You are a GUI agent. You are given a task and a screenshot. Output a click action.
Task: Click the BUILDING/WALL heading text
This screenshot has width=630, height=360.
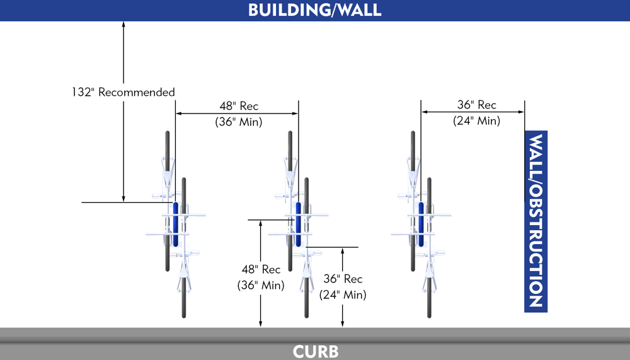[x=314, y=10]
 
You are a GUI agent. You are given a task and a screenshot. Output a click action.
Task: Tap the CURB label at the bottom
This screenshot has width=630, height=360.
[x=316, y=351]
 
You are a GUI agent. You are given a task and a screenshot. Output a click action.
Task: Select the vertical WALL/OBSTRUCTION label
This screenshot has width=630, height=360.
[x=535, y=221]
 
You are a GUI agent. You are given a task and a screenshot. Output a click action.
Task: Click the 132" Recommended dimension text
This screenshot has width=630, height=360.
[x=123, y=92]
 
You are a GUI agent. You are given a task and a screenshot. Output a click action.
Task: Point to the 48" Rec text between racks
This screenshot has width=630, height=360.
[x=239, y=107]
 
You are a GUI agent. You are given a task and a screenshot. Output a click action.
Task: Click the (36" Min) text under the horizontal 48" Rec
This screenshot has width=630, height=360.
[x=239, y=122]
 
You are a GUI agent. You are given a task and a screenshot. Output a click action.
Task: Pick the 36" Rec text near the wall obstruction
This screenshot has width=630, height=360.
[x=477, y=105]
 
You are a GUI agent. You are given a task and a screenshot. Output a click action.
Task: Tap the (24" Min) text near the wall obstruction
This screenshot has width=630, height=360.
[x=477, y=120]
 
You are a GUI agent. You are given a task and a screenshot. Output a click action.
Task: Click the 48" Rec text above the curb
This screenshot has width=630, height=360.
[x=261, y=270]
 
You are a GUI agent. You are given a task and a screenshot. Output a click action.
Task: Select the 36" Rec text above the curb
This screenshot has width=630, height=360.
[x=343, y=279]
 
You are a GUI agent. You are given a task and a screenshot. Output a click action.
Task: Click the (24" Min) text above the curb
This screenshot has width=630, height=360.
[x=343, y=294]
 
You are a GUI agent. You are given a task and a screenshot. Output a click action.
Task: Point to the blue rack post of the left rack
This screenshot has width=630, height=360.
[x=176, y=224]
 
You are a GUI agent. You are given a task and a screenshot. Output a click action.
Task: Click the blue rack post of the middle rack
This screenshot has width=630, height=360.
[x=299, y=224]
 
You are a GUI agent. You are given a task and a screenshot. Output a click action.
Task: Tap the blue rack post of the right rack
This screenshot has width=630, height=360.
[x=421, y=224]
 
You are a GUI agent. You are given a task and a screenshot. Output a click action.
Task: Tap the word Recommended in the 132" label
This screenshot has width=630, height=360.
[x=137, y=92]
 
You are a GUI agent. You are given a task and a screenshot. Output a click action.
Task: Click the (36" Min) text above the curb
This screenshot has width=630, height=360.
[x=261, y=285]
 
